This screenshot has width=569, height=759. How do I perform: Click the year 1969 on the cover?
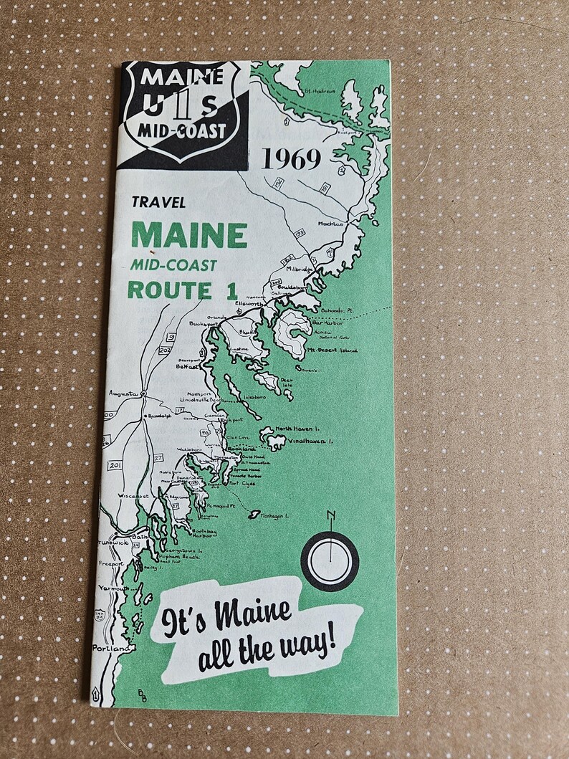pos(291,159)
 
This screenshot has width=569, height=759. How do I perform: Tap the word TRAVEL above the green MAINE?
pos(158,203)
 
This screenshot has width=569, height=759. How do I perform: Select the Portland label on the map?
pos(113,648)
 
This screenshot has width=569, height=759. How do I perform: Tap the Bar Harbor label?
pos(329,323)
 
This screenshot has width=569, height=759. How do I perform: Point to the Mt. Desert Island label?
pos(333,350)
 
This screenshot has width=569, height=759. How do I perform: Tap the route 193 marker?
pos(300,233)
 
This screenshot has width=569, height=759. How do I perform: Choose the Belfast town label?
pos(186,366)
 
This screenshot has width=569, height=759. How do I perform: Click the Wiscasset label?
pos(134,496)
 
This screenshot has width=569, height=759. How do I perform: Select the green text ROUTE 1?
pos(170,290)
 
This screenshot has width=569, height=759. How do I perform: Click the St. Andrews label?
pos(319,91)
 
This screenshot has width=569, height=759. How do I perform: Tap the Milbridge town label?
pos(300,269)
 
